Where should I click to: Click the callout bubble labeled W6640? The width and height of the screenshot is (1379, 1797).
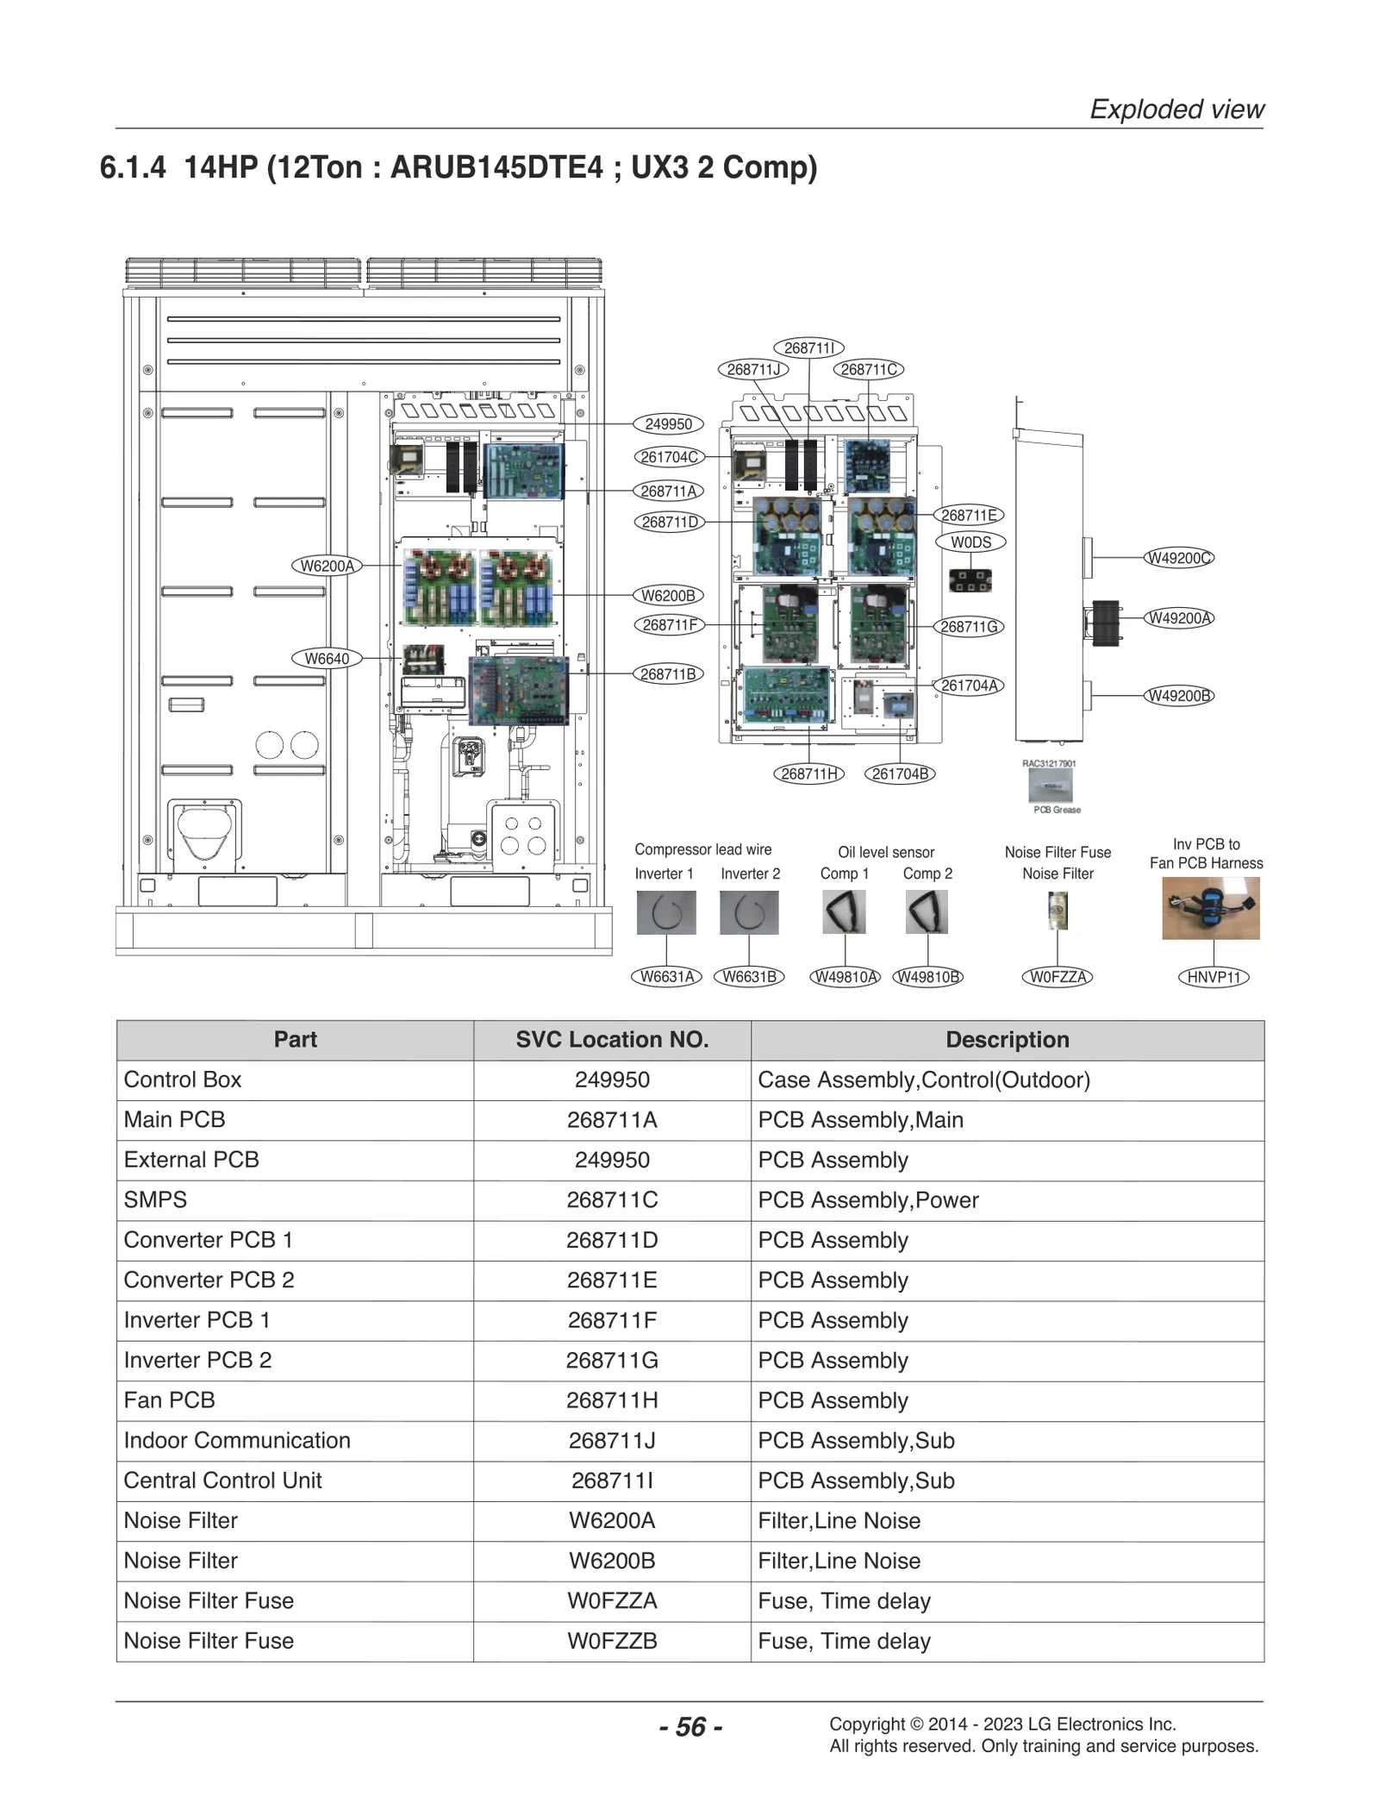point(327,659)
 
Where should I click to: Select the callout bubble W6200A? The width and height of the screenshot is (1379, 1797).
point(326,566)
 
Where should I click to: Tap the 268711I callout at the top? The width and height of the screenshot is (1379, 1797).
point(808,348)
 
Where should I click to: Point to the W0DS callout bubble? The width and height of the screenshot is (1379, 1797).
point(970,542)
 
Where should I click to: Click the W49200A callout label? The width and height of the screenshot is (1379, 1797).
point(1178,618)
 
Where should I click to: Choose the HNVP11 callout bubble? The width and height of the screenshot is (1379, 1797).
point(1213,977)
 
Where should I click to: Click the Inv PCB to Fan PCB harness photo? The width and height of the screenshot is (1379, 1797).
point(1210,908)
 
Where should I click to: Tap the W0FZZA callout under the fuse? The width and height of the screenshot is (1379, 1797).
point(1058,977)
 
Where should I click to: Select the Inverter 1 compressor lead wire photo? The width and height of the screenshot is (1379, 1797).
point(665,912)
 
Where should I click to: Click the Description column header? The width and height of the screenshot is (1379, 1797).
point(1007,1040)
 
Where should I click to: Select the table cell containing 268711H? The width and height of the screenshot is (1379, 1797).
point(612,1400)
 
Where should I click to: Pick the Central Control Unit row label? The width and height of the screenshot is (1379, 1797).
point(222,1481)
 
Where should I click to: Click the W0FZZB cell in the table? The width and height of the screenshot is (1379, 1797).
point(612,1641)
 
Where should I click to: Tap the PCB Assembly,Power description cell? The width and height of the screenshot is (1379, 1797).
point(868,1200)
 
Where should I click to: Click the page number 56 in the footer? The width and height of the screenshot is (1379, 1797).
point(690,1726)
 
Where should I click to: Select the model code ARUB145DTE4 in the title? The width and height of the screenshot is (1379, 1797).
point(496,166)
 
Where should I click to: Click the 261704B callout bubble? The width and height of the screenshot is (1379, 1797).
point(900,773)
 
